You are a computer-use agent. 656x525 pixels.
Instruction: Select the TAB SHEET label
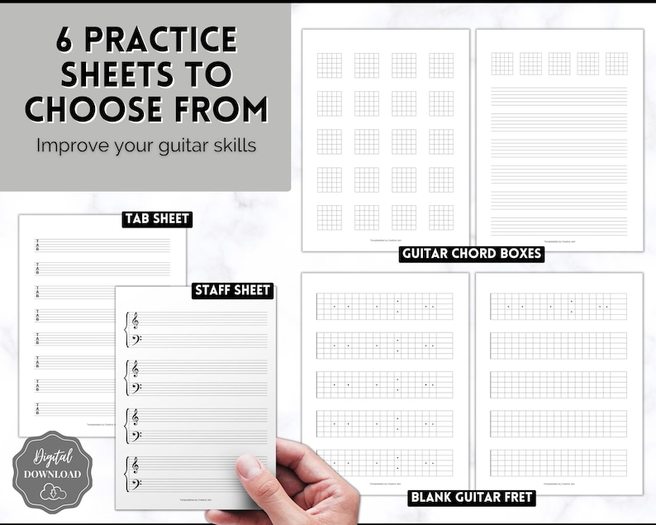(x=156, y=219)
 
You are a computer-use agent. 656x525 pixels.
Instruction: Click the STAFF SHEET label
(x=232, y=290)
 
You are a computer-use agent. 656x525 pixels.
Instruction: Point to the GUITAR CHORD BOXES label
(x=471, y=254)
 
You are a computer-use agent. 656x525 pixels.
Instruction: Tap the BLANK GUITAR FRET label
(x=472, y=498)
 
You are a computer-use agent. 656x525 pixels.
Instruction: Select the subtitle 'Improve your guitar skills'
(x=145, y=145)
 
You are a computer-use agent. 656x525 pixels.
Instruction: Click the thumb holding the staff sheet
(x=249, y=466)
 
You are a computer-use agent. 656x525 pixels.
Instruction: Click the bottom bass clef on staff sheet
(x=135, y=483)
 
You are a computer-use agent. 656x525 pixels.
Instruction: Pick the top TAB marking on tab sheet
(x=37, y=246)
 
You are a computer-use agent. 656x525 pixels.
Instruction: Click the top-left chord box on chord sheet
(x=330, y=65)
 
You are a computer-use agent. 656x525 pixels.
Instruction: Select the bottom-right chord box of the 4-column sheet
(x=441, y=217)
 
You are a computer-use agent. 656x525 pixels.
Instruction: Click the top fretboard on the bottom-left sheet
(x=385, y=307)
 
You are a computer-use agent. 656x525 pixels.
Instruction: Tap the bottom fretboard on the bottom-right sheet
(x=559, y=462)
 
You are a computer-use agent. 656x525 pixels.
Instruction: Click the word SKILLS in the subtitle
(x=236, y=145)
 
